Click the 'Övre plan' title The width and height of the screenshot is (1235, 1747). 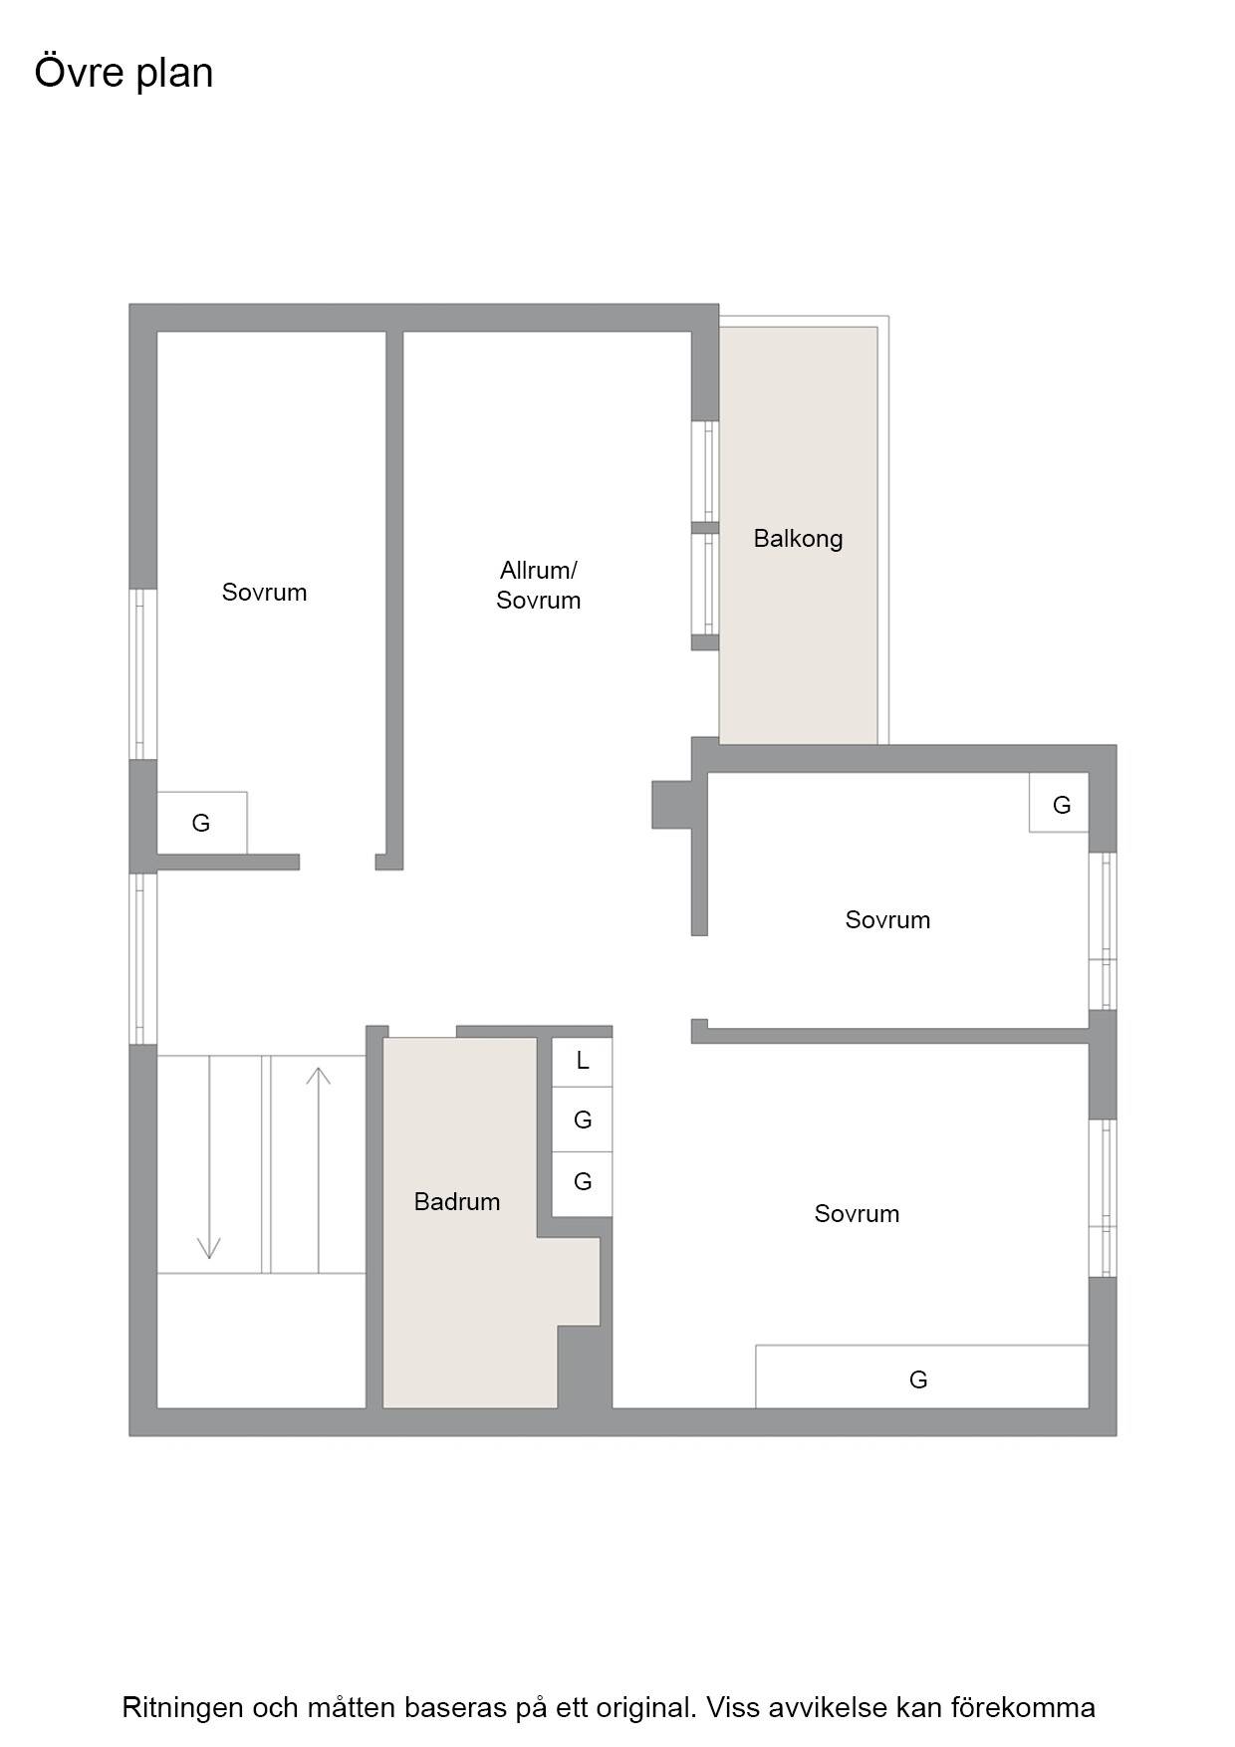[x=123, y=73]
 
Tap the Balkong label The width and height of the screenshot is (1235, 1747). [x=798, y=539]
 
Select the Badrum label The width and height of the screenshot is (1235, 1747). [x=457, y=1201]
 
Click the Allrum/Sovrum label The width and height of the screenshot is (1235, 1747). [x=538, y=585]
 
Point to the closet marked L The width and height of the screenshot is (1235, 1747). [x=583, y=1062]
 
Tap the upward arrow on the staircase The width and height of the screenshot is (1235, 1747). [x=319, y=1169]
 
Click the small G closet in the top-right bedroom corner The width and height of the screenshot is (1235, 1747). [x=1059, y=803]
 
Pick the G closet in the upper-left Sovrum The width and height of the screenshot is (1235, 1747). [x=202, y=823]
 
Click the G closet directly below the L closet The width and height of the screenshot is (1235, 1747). [x=583, y=1121]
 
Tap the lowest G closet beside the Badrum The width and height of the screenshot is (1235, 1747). [x=583, y=1183]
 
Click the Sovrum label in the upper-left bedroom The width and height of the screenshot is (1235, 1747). [x=264, y=593]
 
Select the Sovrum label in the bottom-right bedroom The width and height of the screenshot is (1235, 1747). [x=857, y=1213]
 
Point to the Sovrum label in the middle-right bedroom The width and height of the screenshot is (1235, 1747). [x=887, y=919]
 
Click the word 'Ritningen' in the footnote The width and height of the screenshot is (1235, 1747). [x=182, y=1707]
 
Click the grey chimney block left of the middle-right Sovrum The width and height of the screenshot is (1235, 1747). [x=672, y=805]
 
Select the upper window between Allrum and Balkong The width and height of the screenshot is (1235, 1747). [x=705, y=471]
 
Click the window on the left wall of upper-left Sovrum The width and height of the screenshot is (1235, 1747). [x=143, y=674]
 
